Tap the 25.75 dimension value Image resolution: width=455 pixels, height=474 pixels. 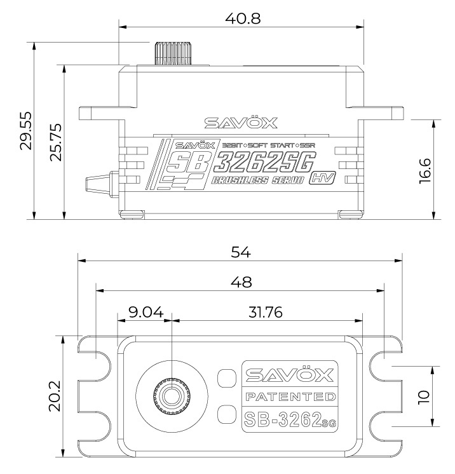point(57,142)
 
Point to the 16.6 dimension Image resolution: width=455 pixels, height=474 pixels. point(426,170)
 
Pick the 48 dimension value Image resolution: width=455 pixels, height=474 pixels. point(241,281)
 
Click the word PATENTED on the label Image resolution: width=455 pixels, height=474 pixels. point(289,397)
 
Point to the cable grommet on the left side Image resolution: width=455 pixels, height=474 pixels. point(98,180)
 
